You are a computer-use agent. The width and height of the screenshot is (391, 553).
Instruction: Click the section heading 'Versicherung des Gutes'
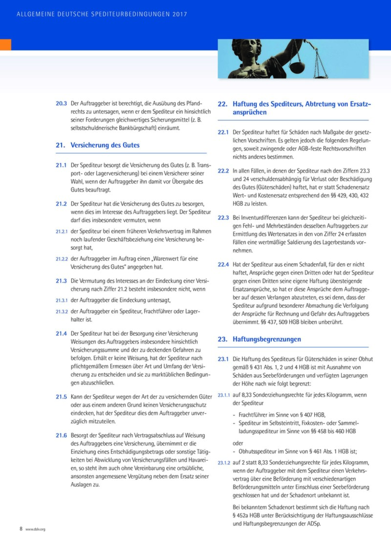(x=105, y=145)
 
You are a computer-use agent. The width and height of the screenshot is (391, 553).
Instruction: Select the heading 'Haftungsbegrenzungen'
(x=266, y=339)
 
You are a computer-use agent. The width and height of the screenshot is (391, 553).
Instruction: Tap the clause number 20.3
(x=61, y=104)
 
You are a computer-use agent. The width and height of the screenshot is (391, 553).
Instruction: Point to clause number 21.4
(x=61, y=333)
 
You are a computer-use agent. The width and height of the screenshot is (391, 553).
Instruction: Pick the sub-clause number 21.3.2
(x=61, y=312)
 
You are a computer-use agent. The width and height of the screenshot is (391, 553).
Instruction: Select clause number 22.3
(x=223, y=217)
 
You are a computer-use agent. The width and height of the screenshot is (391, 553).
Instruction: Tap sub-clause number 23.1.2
(x=223, y=462)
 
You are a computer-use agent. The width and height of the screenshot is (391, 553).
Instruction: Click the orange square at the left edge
(x=5, y=44)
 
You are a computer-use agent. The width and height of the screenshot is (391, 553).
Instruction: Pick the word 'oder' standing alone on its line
(x=239, y=444)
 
